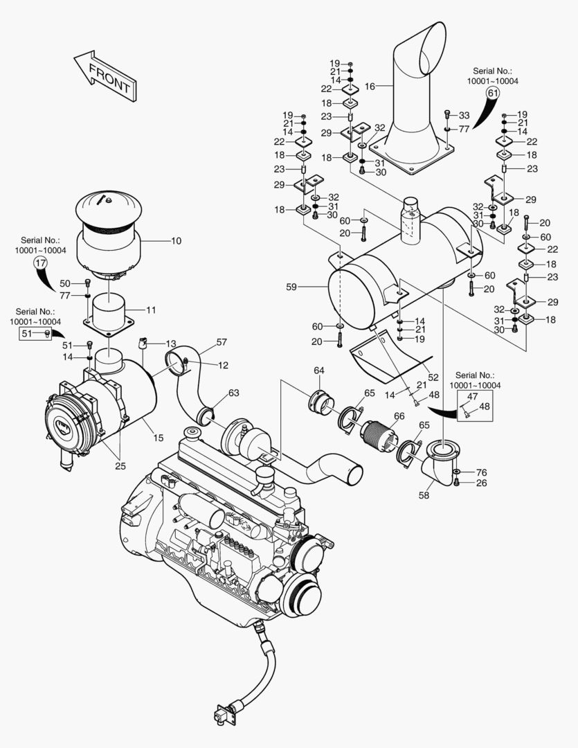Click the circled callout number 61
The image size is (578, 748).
(x=493, y=92)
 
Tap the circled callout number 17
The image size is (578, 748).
(x=40, y=262)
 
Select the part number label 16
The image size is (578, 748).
(x=370, y=87)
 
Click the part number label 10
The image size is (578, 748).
(x=176, y=241)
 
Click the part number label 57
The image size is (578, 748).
(x=222, y=342)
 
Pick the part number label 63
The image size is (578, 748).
(x=233, y=393)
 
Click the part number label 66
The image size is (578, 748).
(x=399, y=416)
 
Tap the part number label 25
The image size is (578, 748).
(x=120, y=465)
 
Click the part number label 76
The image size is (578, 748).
(x=482, y=472)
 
